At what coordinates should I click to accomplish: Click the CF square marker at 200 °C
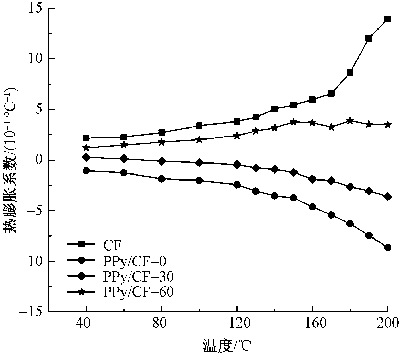pyautogui.click(x=387, y=19)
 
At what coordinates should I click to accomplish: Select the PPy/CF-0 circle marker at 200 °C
pyautogui.click(x=388, y=247)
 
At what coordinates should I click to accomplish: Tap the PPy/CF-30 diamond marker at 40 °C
pyautogui.click(x=86, y=157)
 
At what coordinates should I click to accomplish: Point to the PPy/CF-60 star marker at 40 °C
pyautogui.click(x=86, y=148)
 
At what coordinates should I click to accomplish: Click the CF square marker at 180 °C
pyautogui.click(x=350, y=73)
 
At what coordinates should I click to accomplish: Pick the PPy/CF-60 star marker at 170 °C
pyautogui.click(x=331, y=127)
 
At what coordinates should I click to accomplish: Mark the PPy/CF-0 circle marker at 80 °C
pyautogui.click(x=162, y=179)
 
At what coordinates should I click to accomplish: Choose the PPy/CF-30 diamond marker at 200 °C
pyautogui.click(x=388, y=196)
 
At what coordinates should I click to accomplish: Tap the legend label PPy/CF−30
pyautogui.click(x=138, y=277)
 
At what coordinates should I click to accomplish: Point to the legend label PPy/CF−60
pyautogui.click(x=138, y=292)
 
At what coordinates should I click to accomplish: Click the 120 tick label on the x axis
pyautogui.click(x=237, y=324)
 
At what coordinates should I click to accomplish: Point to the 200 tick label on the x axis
pyautogui.click(x=387, y=324)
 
